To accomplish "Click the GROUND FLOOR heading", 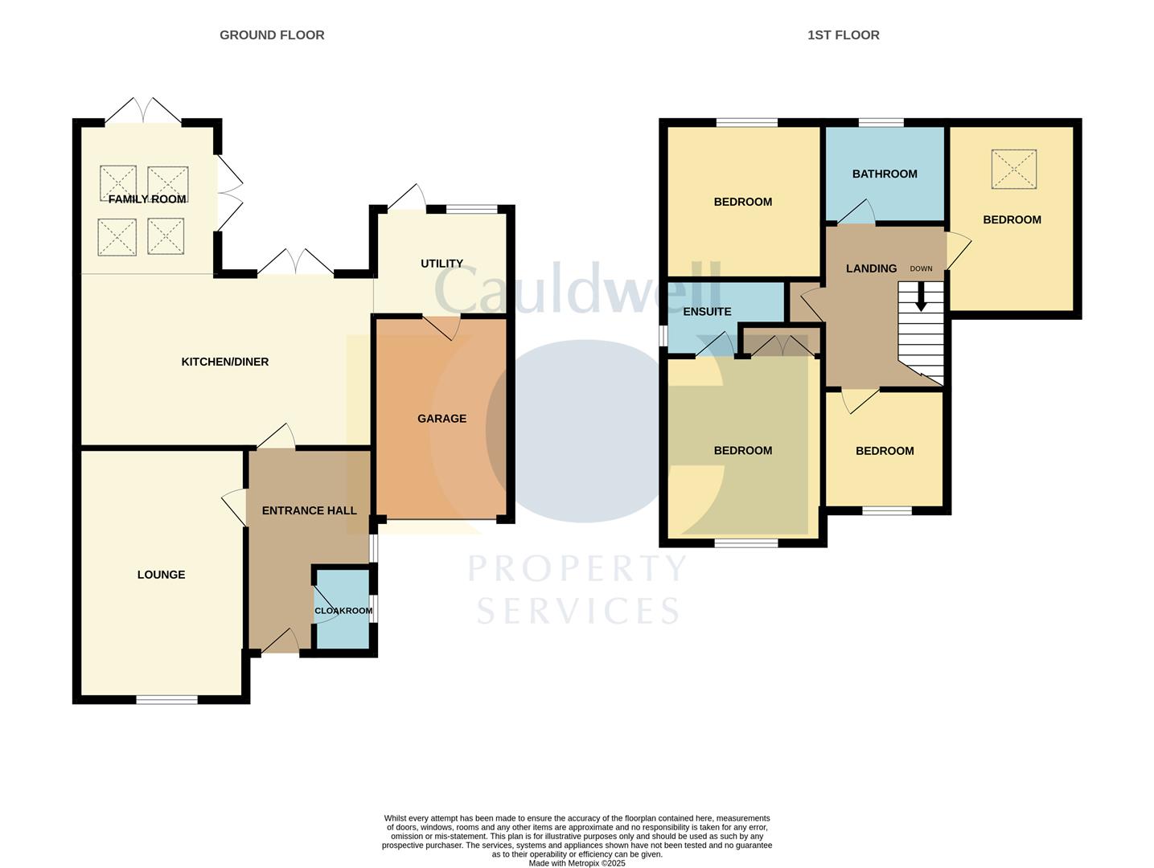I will click(x=272, y=35).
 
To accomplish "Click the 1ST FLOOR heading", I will click(x=843, y=35).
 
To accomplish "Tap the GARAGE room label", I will click(x=441, y=419).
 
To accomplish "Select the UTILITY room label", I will click(x=441, y=264).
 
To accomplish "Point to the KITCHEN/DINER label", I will click(x=225, y=362).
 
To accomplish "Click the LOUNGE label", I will click(x=161, y=575).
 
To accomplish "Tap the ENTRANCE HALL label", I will click(x=310, y=510).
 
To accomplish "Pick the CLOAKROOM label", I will click(x=343, y=611).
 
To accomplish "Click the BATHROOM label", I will click(x=885, y=174).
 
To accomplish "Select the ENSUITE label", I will click(x=707, y=312).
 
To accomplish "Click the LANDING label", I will click(x=871, y=268).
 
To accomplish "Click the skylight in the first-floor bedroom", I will click(x=1013, y=170).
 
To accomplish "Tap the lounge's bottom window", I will click(x=166, y=699).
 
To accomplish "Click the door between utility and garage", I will click(x=441, y=325).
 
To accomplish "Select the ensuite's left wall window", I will click(x=663, y=335).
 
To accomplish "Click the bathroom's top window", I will click(x=881, y=123).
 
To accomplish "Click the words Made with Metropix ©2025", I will click(x=577, y=863).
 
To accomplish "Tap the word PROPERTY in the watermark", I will click(x=577, y=569).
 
